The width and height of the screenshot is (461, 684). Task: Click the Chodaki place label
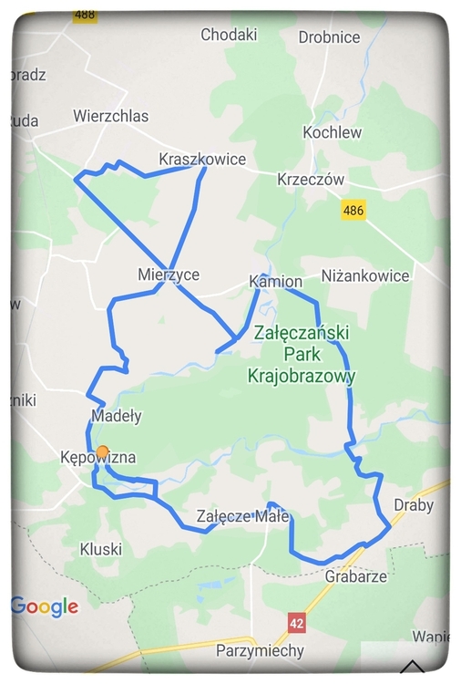click(x=229, y=35)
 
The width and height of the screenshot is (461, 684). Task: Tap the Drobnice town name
click(x=329, y=37)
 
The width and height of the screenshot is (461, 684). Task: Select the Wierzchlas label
click(x=110, y=116)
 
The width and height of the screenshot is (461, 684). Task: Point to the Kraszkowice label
click(x=202, y=159)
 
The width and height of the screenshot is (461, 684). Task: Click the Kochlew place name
click(x=333, y=132)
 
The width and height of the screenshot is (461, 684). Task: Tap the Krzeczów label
click(x=311, y=180)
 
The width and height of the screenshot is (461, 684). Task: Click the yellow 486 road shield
click(x=353, y=211)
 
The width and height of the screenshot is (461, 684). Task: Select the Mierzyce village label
click(x=168, y=274)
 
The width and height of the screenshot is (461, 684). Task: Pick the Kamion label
click(x=275, y=282)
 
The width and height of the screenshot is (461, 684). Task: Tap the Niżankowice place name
click(x=365, y=275)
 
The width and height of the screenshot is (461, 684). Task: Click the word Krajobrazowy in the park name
click(x=302, y=375)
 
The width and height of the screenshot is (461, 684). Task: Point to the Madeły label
click(x=117, y=416)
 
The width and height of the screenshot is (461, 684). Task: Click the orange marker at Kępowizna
click(x=103, y=452)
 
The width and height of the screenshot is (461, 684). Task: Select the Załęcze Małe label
click(x=242, y=516)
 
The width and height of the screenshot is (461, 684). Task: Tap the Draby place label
click(x=414, y=505)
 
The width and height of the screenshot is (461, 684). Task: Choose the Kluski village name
click(x=100, y=549)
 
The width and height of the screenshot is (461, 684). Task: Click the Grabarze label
click(x=355, y=576)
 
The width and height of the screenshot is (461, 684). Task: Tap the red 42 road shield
click(x=296, y=622)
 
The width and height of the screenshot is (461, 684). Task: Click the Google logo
click(x=45, y=606)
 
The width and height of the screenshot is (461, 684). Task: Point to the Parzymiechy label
click(x=260, y=651)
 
